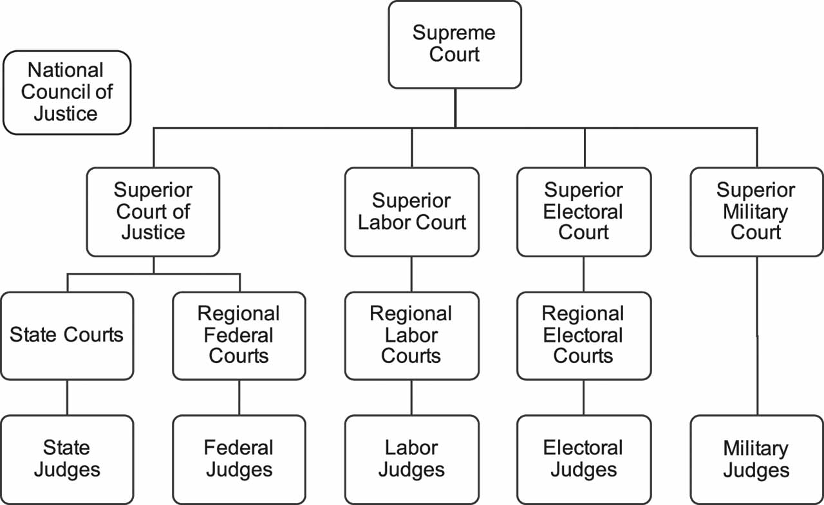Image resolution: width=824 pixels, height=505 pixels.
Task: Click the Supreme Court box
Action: [x=454, y=44]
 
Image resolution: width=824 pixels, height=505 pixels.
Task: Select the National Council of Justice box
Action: [x=66, y=93]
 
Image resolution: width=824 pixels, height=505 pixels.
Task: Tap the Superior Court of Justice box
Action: [x=153, y=212]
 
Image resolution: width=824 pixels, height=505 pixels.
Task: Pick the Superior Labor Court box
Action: [x=411, y=212]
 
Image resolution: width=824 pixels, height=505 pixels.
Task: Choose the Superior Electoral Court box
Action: [x=584, y=212]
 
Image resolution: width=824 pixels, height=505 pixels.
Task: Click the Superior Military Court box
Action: [x=756, y=212]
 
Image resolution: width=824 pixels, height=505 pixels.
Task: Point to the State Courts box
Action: [x=67, y=335]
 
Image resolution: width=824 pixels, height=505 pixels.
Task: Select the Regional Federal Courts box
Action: [x=239, y=335]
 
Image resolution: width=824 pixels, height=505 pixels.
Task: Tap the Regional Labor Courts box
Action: [x=411, y=335]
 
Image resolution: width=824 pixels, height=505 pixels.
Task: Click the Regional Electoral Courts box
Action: [x=584, y=335]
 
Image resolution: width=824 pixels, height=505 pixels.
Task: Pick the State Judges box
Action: [x=67, y=459]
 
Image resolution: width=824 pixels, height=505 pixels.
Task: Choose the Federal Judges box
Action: [x=239, y=459]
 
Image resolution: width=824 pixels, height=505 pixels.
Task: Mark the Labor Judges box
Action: [x=411, y=459]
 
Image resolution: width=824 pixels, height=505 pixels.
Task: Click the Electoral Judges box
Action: [x=584, y=459]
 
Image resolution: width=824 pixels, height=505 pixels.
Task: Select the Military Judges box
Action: [x=756, y=459]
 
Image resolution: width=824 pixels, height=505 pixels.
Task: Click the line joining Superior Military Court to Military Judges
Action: [x=756, y=335]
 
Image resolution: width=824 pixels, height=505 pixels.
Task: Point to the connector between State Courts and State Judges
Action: [x=67, y=397]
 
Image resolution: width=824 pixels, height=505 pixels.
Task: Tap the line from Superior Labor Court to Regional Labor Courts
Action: [x=411, y=274]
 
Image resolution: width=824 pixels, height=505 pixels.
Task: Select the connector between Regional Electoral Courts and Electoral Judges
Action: [x=584, y=397]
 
